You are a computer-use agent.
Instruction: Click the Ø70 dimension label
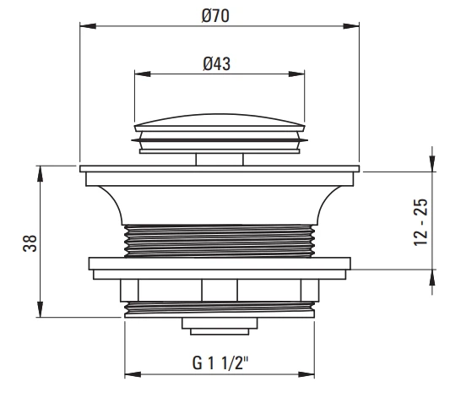[x=215, y=16]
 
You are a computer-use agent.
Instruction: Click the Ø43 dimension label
[x=217, y=63]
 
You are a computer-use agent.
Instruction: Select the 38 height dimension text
[x=30, y=243]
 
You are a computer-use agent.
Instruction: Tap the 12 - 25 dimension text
[x=420, y=222]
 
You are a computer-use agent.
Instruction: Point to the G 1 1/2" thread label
[x=220, y=363]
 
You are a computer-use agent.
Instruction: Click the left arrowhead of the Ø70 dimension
[x=88, y=26]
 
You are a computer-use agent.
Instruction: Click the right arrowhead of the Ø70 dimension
[x=351, y=26]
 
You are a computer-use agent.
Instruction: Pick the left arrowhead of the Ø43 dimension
[x=143, y=74]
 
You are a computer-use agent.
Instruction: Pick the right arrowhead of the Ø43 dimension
[x=296, y=74]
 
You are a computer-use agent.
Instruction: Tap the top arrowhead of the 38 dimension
[x=41, y=173]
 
